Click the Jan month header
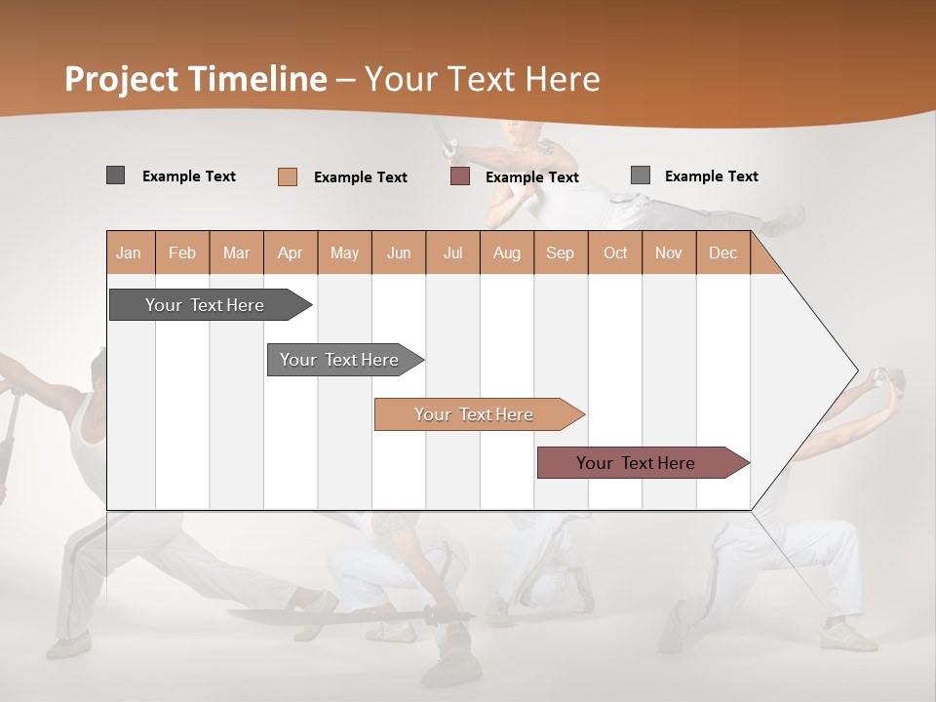click(x=129, y=253)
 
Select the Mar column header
click(x=236, y=253)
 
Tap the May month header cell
click(x=344, y=253)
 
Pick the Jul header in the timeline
click(x=452, y=253)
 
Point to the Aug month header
click(x=506, y=253)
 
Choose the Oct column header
click(x=615, y=253)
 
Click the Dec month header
click(x=722, y=253)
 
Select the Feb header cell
click(x=182, y=253)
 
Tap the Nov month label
click(x=668, y=253)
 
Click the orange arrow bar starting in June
click(x=474, y=414)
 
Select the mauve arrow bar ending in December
click(x=636, y=463)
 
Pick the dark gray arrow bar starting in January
click(x=205, y=305)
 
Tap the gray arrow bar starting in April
click(x=339, y=360)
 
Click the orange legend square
click(x=288, y=176)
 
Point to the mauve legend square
click(x=460, y=176)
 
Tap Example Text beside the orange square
click(x=361, y=177)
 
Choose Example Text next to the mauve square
click(x=532, y=177)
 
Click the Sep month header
click(x=560, y=253)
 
